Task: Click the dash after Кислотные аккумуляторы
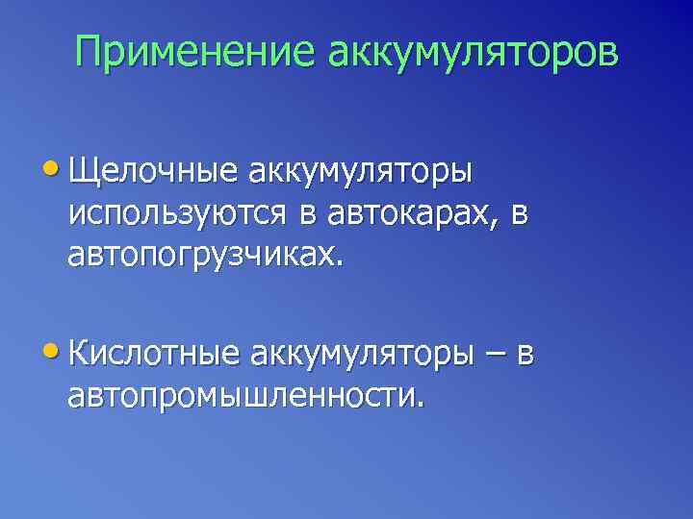pyautogui.click(x=494, y=355)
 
